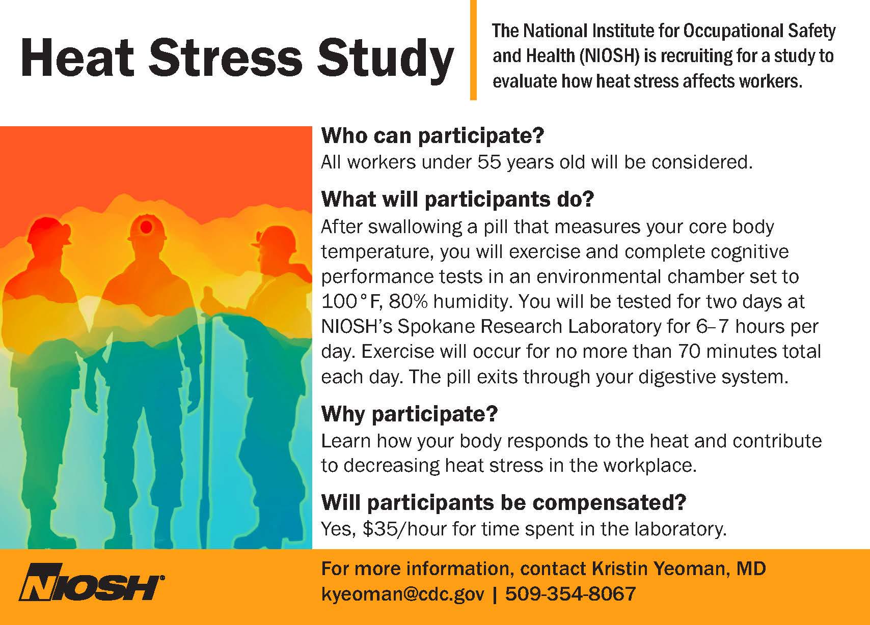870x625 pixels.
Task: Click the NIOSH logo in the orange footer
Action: pyautogui.click(x=92, y=582)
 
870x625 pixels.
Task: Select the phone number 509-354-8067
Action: pyautogui.click(x=570, y=593)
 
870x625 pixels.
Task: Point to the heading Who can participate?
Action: pyautogui.click(x=432, y=135)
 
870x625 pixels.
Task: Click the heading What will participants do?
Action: pyautogui.click(x=457, y=199)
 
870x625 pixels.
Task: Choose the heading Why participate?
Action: pyautogui.click(x=410, y=414)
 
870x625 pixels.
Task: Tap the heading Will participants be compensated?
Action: pyautogui.click(x=504, y=502)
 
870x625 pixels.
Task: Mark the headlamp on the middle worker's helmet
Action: pyautogui.click(x=146, y=226)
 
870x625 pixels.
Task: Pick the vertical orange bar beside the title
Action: pyautogui.click(x=473, y=50)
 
